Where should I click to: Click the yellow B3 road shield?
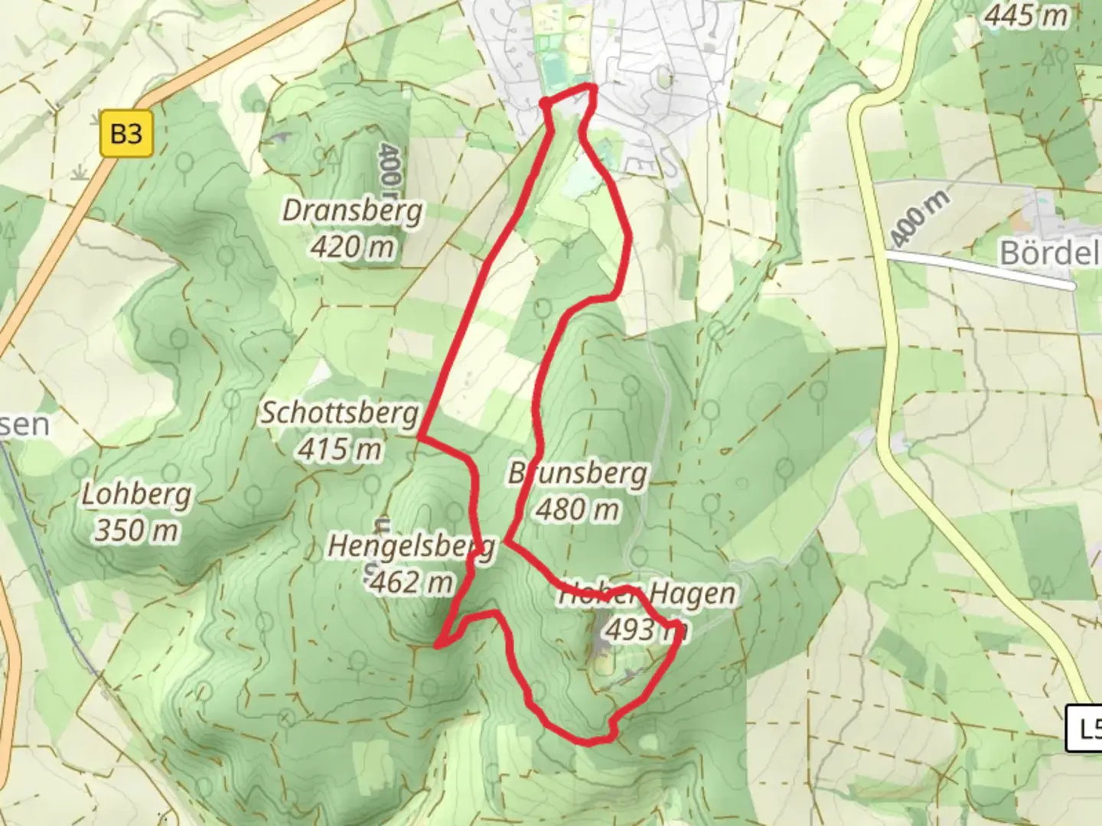[126, 134]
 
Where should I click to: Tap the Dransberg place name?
[352, 210]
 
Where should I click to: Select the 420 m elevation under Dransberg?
[353, 246]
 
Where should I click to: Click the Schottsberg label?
[340, 413]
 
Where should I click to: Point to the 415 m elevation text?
[340, 449]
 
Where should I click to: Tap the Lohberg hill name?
[136, 495]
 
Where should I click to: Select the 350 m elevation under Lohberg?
[136, 529]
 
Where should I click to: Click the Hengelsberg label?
[411, 547]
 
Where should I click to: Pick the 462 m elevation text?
[411, 583]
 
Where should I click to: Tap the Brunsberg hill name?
[578, 474]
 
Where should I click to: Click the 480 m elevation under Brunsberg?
[578, 509]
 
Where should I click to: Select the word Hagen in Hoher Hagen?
[693, 593]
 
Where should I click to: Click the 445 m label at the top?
[1025, 15]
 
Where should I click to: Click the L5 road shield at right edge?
[1085, 728]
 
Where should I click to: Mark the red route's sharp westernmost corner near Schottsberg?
[419, 437]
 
